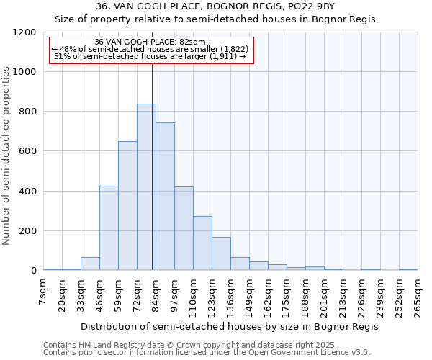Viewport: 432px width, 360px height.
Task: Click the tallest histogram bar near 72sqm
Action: [x=146, y=187]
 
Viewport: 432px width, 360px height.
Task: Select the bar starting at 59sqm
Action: [x=127, y=206]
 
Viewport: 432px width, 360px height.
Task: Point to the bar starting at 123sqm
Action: [x=221, y=253]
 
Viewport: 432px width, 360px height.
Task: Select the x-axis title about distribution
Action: [x=229, y=326]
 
